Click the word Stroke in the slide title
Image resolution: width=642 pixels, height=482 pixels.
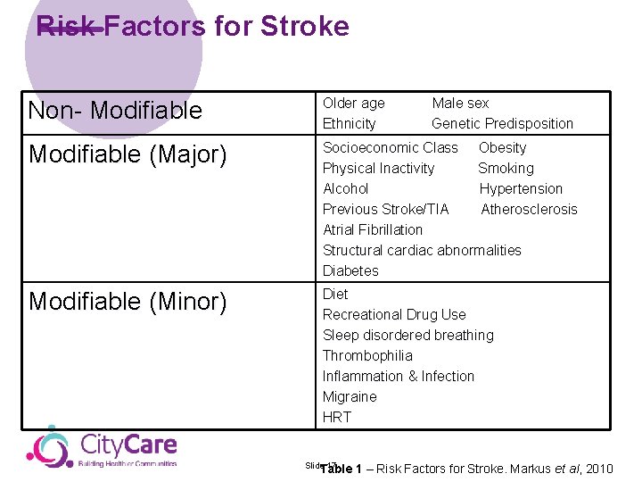pyautogui.click(x=304, y=27)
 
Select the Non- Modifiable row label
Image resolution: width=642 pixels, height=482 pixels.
pyautogui.click(x=115, y=111)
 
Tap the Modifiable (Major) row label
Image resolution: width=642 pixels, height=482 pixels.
pyautogui.click(x=128, y=154)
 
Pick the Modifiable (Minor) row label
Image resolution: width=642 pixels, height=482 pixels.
pyautogui.click(x=128, y=302)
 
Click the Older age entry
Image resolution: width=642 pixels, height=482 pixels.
pyautogui.click(x=353, y=104)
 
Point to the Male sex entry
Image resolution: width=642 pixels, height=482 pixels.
pyautogui.click(x=460, y=104)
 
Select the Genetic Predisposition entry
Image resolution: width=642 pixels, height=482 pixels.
pyautogui.click(x=502, y=124)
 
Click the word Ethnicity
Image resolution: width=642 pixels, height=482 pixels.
pyautogui.click(x=349, y=124)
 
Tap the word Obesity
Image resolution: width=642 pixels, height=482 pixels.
pyautogui.click(x=502, y=148)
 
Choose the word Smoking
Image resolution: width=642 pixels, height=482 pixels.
pyautogui.click(x=506, y=169)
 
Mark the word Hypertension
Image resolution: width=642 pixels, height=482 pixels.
pyautogui.click(x=521, y=189)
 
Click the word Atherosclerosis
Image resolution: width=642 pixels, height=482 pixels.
pyautogui.click(x=529, y=210)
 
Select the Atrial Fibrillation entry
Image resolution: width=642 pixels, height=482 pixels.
pyautogui.click(x=373, y=230)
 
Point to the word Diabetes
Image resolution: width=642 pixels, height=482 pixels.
pyautogui.click(x=350, y=271)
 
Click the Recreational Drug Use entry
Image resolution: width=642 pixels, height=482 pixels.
pyautogui.click(x=394, y=315)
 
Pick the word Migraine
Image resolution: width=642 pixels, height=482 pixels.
pyautogui.click(x=350, y=397)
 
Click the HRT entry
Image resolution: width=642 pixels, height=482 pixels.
pyautogui.click(x=337, y=418)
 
